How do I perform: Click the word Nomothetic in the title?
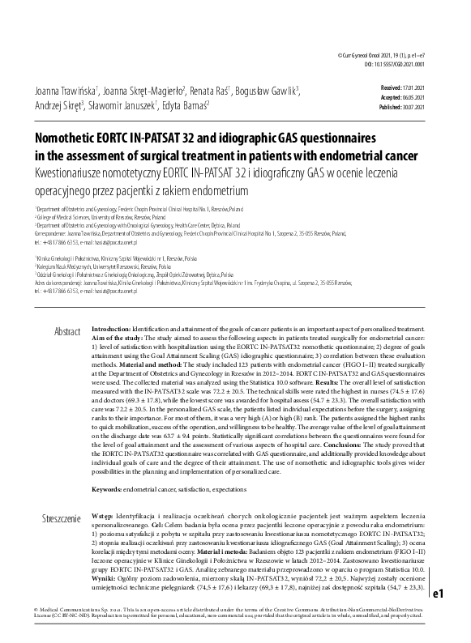point(68,138)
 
